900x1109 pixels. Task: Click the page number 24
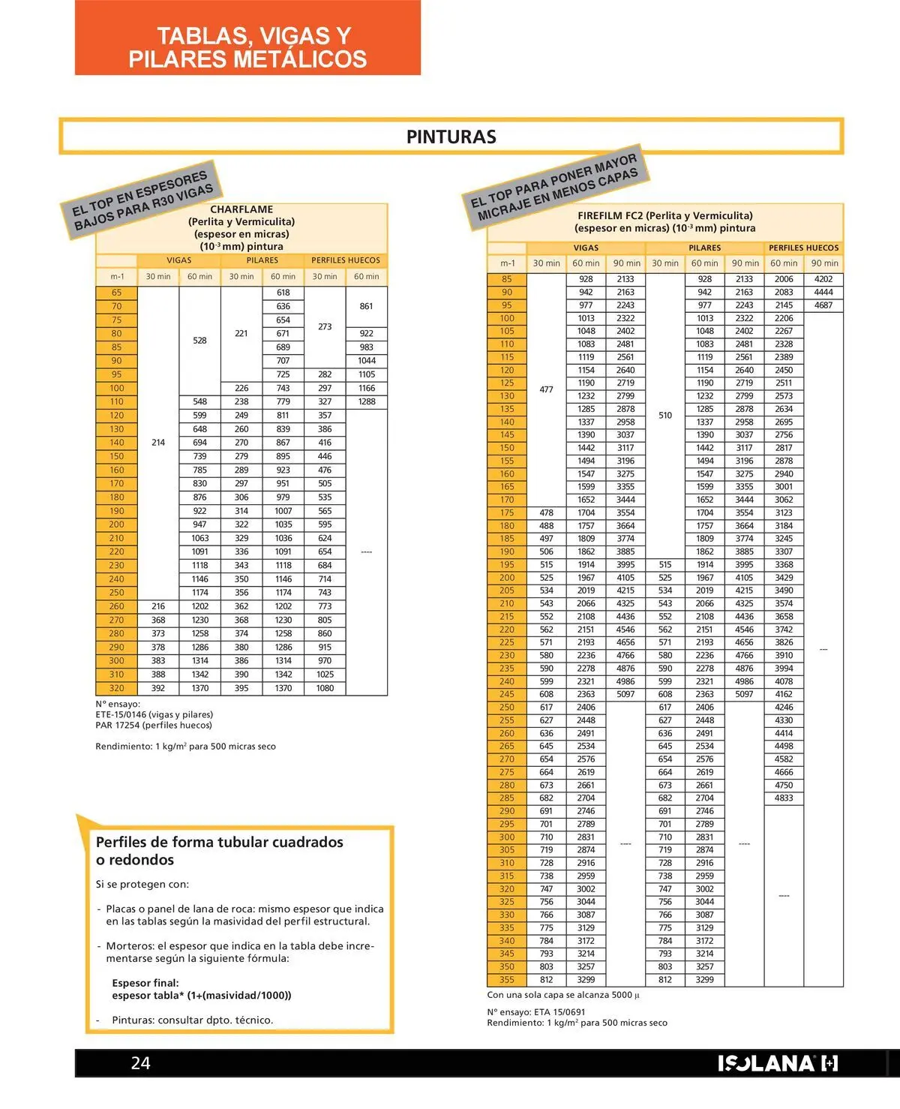pyautogui.click(x=141, y=1062)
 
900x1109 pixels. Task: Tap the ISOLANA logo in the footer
pyautogui.click(x=777, y=1063)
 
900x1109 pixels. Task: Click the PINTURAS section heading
pyautogui.click(x=451, y=137)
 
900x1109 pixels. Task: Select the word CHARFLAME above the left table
pyautogui.click(x=241, y=209)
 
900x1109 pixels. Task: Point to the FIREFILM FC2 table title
pyautogui.click(x=664, y=215)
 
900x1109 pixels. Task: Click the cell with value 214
pyautogui.click(x=158, y=443)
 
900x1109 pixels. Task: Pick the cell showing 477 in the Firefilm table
pyautogui.click(x=546, y=389)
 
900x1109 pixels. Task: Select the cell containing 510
pyautogui.click(x=665, y=415)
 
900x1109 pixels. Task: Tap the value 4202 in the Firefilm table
pyautogui.click(x=823, y=279)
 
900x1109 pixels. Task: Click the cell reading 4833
pyautogui.click(x=784, y=798)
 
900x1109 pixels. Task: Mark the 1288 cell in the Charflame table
pyautogui.click(x=367, y=402)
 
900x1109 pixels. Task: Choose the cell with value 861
pyautogui.click(x=367, y=306)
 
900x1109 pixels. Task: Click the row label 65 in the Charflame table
pyautogui.click(x=116, y=293)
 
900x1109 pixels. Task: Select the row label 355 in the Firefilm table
pyautogui.click(x=507, y=979)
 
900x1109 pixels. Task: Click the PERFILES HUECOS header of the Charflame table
pyautogui.click(x=346, y=260)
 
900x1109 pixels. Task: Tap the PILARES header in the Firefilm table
pyautogui.click(x=704, y=248)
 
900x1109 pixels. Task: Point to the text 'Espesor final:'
pyautogui.click(x=145, y=983)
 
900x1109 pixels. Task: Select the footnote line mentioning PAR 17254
pyautogui.click(x=154, y=725)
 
